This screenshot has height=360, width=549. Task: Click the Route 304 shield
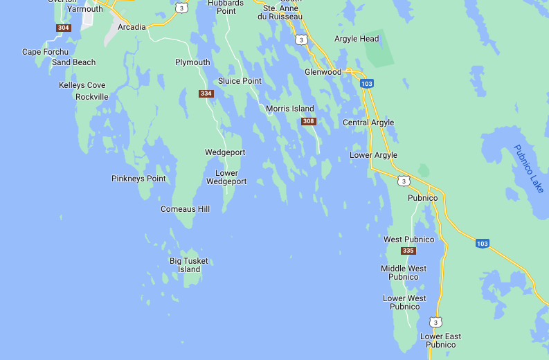point(64,28)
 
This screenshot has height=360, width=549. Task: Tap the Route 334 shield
point(206,93)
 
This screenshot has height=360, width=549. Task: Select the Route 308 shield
point(309,122)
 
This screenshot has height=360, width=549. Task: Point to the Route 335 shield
point(408,251)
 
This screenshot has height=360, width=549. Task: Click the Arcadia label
point(132,27)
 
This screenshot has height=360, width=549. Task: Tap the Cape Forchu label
point(45,52)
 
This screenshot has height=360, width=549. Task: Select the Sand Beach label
point(73,62)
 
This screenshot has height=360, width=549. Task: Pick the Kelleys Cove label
point(82,85)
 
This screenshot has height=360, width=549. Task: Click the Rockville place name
point(91,97)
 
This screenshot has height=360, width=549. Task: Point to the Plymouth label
point(192,62)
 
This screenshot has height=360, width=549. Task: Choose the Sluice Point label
point(240,81)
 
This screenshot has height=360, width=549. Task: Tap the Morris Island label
point(289,109)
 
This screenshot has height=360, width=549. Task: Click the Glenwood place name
point(323,72)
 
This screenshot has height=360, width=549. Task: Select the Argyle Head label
point(356,39)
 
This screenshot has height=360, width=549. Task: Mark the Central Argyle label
point(368,123)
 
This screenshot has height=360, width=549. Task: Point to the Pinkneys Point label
point(138,179)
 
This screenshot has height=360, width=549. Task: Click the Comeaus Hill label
point(185,209)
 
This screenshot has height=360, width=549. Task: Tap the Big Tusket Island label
point(188,265)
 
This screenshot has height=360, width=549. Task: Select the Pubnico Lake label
point(529,169)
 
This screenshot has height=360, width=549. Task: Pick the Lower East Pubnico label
point(440,341)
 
